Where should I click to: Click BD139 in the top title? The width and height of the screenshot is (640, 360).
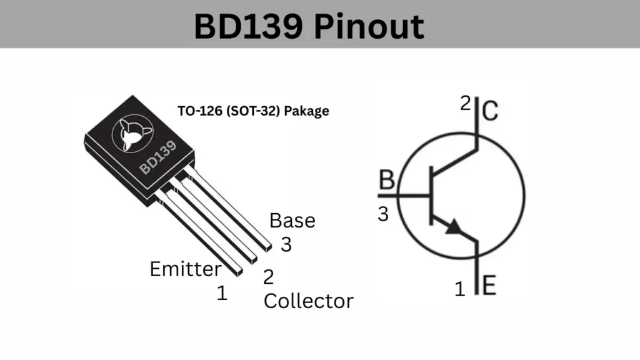pyautogui.click(x=247, y=26)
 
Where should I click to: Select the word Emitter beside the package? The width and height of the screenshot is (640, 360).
pyautogui.click(x=185, y=269)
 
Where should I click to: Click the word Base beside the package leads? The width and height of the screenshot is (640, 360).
pyautogui.click(x=292, y=221)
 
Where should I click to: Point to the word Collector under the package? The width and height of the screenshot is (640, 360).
pyautogui.click(x=308, y=301)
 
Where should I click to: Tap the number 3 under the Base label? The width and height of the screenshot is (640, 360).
pyautogui.click(x=286, y=244)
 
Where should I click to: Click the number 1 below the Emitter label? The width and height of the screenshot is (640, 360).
pyautogui.click(x=222, y=293)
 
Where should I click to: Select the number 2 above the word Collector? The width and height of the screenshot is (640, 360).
pyautogui.click(x=268, y=277)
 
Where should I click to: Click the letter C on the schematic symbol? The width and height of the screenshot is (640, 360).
pyautogui.click(x=491, y=112)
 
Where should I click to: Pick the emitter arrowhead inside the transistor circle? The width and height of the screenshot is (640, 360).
pyautogui.click(x=454, y=227)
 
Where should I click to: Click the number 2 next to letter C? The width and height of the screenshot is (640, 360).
pyautogui.click(x=466, y=103)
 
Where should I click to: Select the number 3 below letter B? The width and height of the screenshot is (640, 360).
pyautogui.click(x=383, y=214)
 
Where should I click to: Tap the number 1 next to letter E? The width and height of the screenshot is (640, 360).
pyautogui.click(x=460, y=289)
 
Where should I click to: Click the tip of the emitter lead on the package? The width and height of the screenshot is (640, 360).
pyautogui.click(x=239, y=271)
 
